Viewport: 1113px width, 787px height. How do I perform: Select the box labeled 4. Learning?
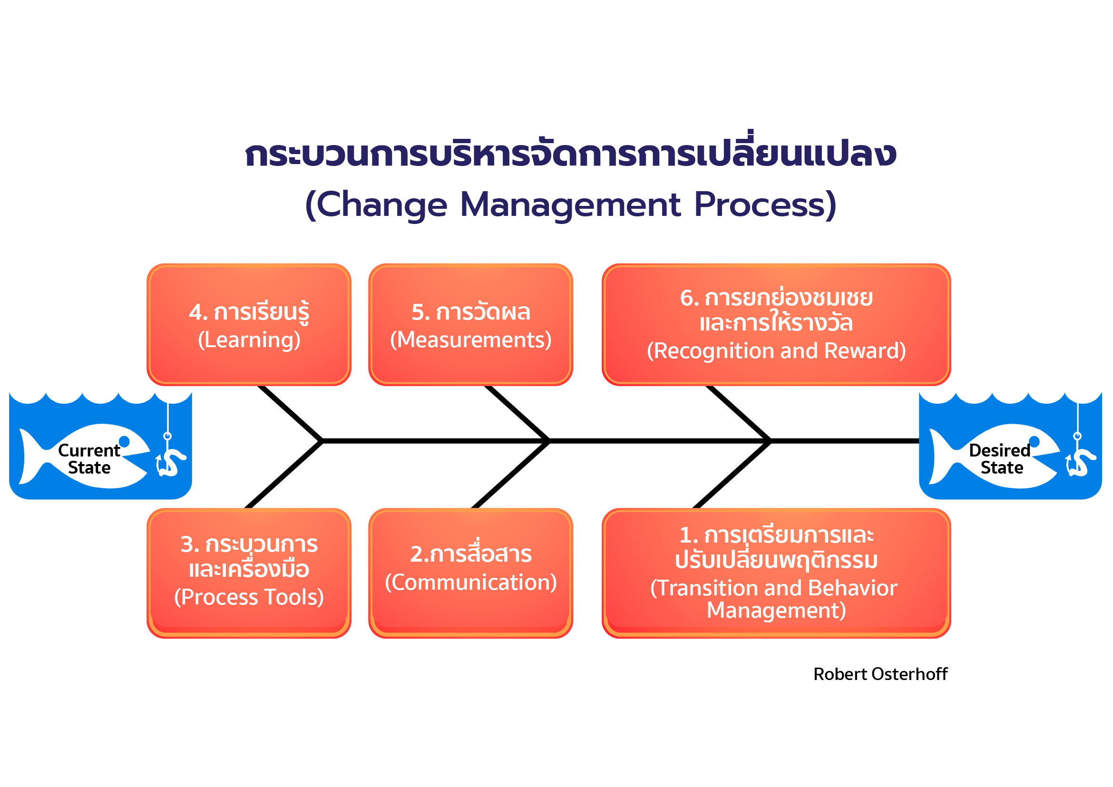tap(249, 325)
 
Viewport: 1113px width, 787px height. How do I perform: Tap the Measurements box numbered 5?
tap(471, 325)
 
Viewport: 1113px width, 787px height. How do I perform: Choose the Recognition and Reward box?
tap(776, 325)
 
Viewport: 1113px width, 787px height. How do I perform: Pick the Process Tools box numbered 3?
tap(249, 573)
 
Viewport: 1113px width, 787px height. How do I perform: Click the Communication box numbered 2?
tap(471, 573)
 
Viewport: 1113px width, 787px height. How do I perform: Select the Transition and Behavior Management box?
tap(776, 573)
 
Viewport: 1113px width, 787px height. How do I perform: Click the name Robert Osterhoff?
tap(880, 674)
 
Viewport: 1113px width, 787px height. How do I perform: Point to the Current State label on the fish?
tap(89, 459)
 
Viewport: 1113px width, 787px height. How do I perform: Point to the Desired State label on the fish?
tap(1000, 459)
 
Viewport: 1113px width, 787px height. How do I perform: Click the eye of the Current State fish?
tap(125, 441)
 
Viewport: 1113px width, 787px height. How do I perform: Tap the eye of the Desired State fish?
tap(1035, 441)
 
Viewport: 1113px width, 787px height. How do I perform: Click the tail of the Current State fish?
tap(30, 456)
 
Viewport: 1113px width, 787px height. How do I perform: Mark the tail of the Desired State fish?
tap(940, 456)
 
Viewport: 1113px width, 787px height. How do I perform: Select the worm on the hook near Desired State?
tap(1081, 463)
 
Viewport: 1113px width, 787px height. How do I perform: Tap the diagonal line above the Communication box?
tap(510, 475)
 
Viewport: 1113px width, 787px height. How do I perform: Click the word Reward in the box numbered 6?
tap(865, 351)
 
